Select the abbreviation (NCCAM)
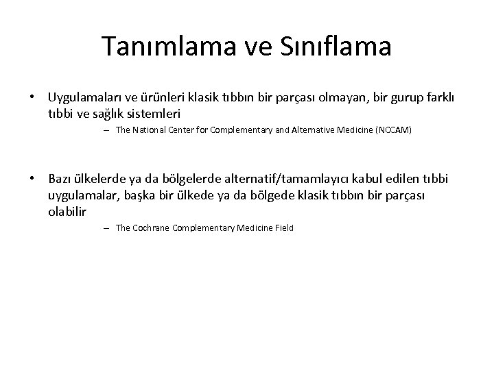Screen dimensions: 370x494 pyautogui.click(x=390, y=130)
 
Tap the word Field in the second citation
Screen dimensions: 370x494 pyautogui.click(x=282, y=227)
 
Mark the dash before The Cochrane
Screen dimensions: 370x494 pyautogui.click(x=108, y=227)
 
